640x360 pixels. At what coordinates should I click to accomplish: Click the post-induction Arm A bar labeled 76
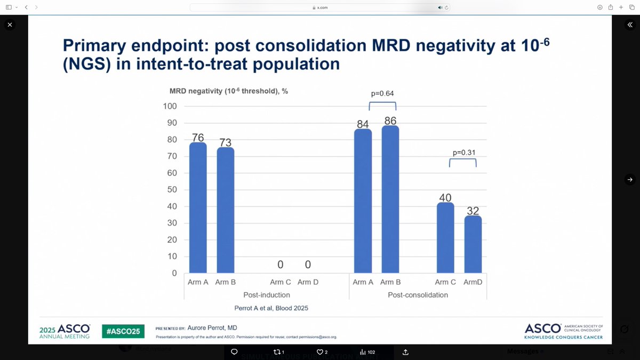[198, 208]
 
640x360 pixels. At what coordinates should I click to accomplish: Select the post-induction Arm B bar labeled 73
[225, 210]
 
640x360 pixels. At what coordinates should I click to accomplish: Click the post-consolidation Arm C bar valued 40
[445, 238]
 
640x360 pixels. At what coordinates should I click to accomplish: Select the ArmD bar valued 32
[473, 244]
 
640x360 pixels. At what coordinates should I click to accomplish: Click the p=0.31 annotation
[462, 152]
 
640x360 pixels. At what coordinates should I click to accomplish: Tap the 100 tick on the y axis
[170, 106]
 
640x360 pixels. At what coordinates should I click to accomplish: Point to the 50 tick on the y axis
[172, 190]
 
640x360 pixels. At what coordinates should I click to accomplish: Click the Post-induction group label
[267, 295]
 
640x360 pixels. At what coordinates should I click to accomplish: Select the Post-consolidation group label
[418, 295]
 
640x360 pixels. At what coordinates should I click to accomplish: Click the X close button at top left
[10, 25]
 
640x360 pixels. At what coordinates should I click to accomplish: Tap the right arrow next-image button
[630, 180]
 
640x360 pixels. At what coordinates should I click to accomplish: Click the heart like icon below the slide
[320, 351]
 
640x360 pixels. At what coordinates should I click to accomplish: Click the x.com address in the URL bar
[321, 7]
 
